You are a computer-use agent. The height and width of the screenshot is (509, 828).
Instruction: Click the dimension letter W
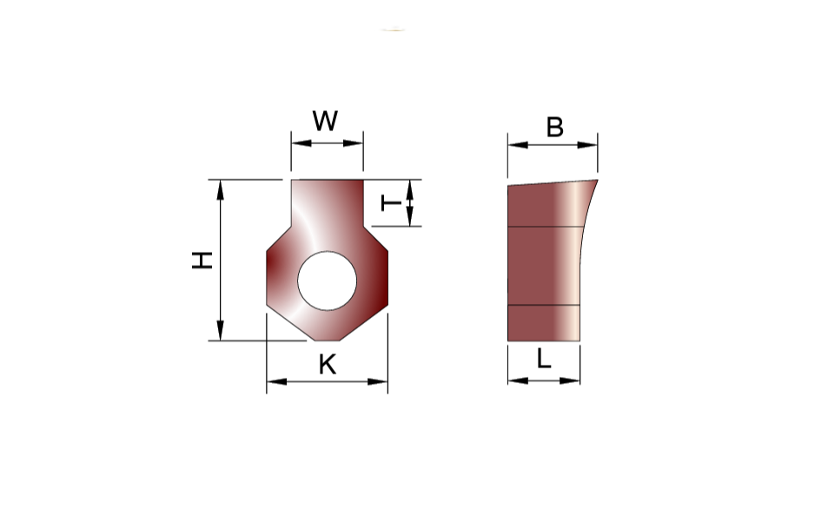click(x=325, y=121)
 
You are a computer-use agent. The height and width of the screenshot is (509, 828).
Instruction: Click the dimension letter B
click(x=554, y=127)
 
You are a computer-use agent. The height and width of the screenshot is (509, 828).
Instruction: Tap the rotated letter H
click(x=202, y=261)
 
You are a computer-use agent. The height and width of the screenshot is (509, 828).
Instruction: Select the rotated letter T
click(x=391, y=202)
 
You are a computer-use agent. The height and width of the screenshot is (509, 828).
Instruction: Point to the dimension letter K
click(x=328, y=364)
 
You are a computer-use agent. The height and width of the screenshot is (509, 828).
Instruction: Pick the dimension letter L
click(x=544, y=359)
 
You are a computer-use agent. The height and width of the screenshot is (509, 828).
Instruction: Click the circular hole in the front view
click(x=327, y=281)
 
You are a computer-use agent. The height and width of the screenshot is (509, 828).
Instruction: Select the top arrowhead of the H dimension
click(x=221, y=190)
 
